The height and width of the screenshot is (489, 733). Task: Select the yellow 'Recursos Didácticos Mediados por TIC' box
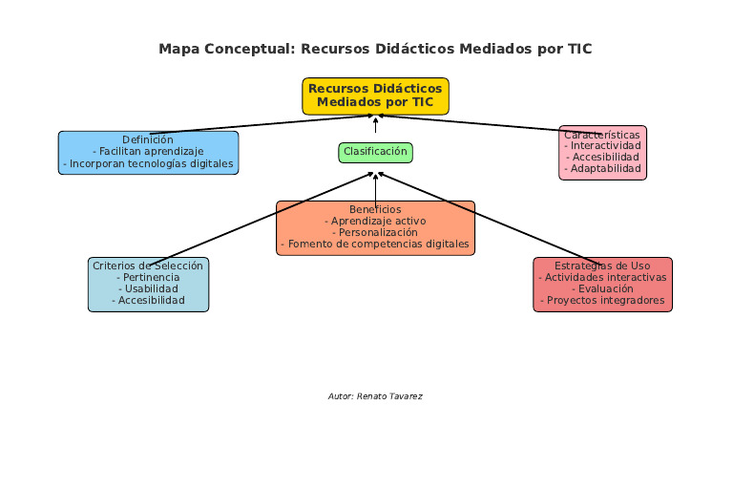coord(375,96)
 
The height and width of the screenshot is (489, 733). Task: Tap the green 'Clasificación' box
coord(375,152)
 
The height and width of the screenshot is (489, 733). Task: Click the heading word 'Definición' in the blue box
coord(148,139)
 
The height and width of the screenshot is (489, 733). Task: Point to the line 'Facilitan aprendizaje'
coord(148,152)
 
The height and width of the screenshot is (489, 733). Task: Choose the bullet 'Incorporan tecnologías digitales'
coord(148,164)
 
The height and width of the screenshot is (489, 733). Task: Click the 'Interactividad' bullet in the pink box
coord(602,146)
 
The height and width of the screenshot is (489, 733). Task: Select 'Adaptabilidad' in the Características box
coord(602,169)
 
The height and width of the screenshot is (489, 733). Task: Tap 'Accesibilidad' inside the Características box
coord(602,158)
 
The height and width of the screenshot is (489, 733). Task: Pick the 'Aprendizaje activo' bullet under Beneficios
coord(375,221)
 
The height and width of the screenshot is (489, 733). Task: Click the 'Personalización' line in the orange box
coord(375,232)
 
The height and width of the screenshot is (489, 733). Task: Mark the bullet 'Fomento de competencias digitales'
coord(375,244)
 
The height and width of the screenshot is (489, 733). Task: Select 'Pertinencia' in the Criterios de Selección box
coord(148,277)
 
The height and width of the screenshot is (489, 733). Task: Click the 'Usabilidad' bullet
coord(148,288)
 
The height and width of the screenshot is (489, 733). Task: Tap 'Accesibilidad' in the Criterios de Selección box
coord(148,300)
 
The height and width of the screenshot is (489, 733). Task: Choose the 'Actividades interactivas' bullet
coord(602,277)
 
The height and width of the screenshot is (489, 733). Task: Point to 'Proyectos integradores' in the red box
coord(602,300)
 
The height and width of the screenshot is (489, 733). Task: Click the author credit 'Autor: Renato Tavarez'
coord(375,395)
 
